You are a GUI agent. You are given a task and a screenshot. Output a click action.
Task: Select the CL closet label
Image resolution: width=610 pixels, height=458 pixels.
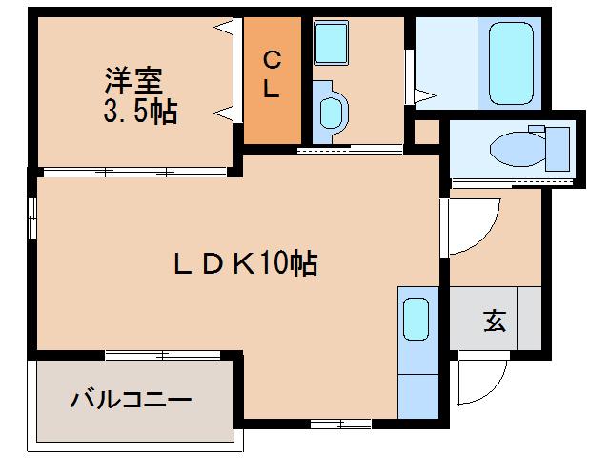point(272,77)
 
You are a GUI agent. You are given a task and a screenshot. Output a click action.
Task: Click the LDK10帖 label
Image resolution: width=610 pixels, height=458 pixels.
point(245,264)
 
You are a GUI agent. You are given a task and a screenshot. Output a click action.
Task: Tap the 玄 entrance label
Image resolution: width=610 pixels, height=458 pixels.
point(494,322)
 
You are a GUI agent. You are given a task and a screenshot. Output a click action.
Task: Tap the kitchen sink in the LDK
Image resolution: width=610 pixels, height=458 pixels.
point(416,319)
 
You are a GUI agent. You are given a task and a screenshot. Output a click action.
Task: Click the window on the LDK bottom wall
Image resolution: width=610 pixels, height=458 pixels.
point(340,423)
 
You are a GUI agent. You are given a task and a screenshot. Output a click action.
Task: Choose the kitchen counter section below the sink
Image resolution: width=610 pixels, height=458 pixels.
point(415,390)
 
